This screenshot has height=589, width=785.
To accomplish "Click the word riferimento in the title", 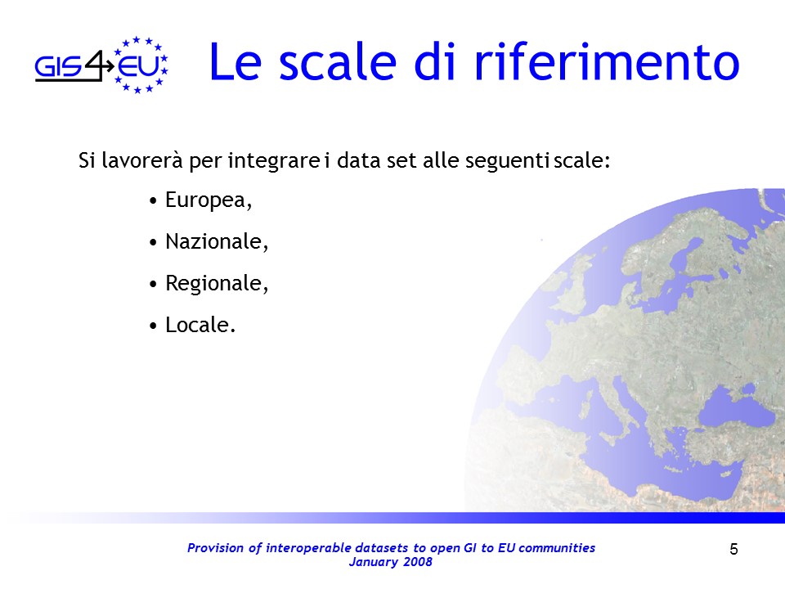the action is tap(606, 63).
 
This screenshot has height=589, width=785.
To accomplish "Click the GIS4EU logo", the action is tap(101, 65).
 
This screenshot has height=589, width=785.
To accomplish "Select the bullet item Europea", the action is tap(209, 200).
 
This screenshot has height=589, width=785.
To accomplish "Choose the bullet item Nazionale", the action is tap(217, 241).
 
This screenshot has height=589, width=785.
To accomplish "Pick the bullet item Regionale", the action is tap(217, 284).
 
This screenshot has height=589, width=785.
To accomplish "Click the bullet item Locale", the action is tap(200, 325).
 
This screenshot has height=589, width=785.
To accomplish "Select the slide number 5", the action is tap(733, 550).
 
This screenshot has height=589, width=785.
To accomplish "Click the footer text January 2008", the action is tap(391, 562).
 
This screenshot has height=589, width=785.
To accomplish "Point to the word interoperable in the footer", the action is tap(308, 548).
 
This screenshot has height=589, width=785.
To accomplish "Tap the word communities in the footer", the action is tap(557, 548).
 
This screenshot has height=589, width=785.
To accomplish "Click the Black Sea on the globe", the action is tap(731, 407).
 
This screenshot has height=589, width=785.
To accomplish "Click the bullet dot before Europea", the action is tap(153, 201).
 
